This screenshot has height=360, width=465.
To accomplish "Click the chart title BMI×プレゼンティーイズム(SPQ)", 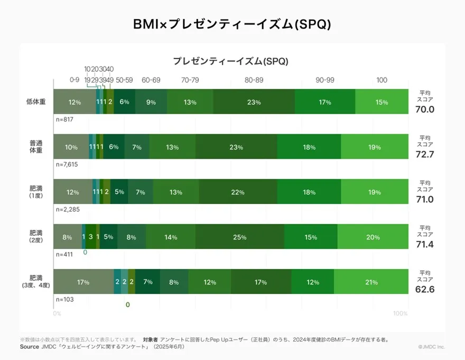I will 232,25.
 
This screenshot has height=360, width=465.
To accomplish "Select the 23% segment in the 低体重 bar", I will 254,102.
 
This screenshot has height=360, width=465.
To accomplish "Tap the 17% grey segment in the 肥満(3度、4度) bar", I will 83,282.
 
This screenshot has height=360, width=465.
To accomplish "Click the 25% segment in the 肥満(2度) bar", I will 240,237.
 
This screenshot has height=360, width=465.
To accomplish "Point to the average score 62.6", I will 424,290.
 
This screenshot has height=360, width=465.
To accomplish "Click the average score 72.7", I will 424,155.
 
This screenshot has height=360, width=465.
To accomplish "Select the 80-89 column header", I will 254,80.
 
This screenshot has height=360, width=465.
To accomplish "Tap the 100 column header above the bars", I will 382,80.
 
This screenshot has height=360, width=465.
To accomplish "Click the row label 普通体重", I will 36,147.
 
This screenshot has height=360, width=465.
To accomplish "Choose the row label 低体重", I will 36,102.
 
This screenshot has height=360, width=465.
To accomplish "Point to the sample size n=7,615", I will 67,164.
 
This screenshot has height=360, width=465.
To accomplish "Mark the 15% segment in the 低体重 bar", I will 382,102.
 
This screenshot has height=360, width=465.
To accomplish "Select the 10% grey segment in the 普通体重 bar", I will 71,147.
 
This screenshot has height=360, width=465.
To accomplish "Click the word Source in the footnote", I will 29,347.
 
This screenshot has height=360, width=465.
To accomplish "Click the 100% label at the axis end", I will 401,313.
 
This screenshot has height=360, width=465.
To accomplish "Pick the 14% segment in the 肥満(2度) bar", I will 171,237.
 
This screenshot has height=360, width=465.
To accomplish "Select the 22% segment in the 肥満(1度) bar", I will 238,192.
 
